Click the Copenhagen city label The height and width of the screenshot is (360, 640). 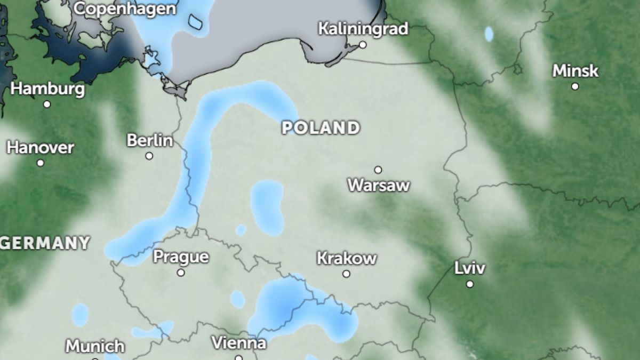tap(125, 9)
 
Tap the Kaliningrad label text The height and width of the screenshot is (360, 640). tap(363, 28)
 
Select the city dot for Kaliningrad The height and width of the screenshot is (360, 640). tap(363, 45)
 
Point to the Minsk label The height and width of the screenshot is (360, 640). tap(575, 70)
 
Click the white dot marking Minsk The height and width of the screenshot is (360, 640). tap(575, 86)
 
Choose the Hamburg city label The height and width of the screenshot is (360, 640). tap(47, 89)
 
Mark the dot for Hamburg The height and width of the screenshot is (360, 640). tap(47, 105)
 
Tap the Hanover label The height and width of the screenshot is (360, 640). tap(40, 147)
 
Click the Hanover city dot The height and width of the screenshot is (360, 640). tap(40, 163)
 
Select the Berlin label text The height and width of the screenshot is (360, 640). tap(150, 140)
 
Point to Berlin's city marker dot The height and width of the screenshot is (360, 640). tap(149, 156)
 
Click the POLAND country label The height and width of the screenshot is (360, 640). tap(321, 128)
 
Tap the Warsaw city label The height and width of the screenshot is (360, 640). tap(379, 186)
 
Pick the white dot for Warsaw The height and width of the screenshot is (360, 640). tap(378, 170)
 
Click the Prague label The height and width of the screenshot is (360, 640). tap(181, 257)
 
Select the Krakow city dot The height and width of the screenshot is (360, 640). tap(347, 274)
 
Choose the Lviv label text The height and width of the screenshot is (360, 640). tap(470, 268)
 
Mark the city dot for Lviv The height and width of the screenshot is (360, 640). tap(470, 284)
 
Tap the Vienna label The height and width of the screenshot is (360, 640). tap(238, 342)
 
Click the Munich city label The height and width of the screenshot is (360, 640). tap(95, 346)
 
